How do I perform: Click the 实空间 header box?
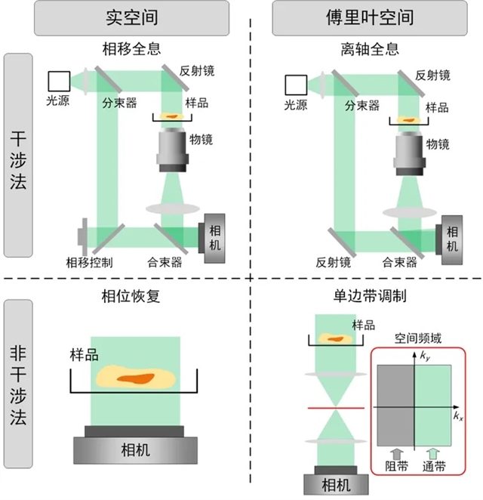coord(132,19)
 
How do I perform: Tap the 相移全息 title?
coord(131,51)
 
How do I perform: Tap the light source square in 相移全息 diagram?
coord(58,79)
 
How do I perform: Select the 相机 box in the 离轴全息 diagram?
coord(451,239)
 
